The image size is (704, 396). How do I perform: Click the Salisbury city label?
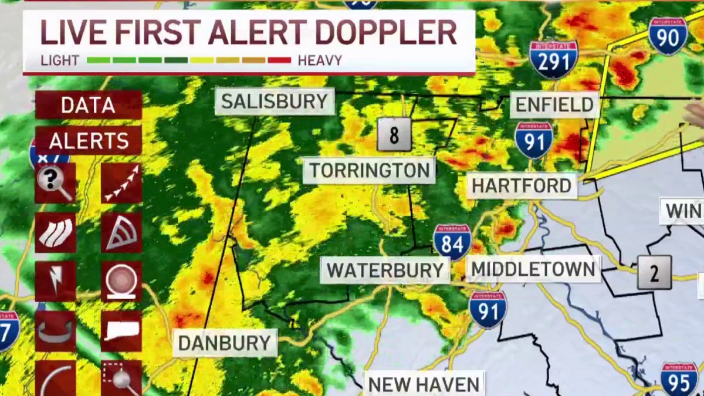click(x=274, y=101)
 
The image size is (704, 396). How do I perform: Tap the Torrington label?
click(x=369, y=171)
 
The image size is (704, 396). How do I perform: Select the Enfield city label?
click(x=554, y=106)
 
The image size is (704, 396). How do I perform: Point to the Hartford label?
click(x=522, y=186)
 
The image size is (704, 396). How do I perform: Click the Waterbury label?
click(x=385, y=270)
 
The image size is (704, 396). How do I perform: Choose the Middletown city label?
click(x=533, y=269)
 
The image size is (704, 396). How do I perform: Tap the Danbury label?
click(x=225, y=343)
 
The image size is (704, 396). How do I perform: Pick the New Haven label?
click(x=424, y=384)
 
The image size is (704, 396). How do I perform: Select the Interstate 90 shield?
click(x=668, y=36)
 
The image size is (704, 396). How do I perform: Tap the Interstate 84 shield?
click(x=452, y=242)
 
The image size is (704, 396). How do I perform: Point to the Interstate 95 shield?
click(x=679, y=378)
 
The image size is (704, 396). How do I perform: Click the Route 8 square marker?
click(x=394, y=136)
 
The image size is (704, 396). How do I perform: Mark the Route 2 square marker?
click(x=654, y=273)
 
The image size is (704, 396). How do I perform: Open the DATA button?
click(x=88, y=106)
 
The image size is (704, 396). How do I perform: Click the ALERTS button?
click(x=89, y=141)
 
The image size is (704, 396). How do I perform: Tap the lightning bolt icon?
click(x=55, y=281)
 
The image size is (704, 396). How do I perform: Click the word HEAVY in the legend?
click(x=320, y=60)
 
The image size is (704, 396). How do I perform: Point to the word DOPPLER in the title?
click(x=387, y=33)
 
